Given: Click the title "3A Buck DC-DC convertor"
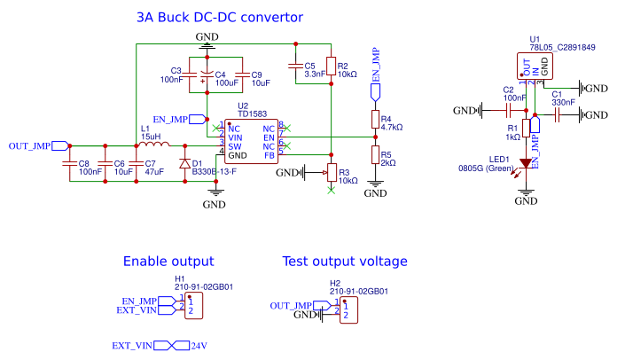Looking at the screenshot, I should click(219, 18).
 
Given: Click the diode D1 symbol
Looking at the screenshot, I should click(184, 164).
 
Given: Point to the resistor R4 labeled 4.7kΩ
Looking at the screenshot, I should click(375, 121).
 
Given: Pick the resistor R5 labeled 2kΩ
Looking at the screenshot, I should click(375, 158).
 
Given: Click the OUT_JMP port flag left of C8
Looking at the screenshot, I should click(60, 145).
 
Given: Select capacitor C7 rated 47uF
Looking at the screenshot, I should click(135, 164).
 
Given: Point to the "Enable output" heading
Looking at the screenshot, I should click(168, 262).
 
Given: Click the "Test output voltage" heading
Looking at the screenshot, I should click(344, 262).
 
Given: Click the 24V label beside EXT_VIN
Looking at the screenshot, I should click(199, 345).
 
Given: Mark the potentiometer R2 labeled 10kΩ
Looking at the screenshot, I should click(330, 67).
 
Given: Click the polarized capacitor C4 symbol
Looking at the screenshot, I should click(206, 75).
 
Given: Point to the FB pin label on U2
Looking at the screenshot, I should click(269, 155).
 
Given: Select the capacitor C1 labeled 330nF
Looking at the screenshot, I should click(556, 112).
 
